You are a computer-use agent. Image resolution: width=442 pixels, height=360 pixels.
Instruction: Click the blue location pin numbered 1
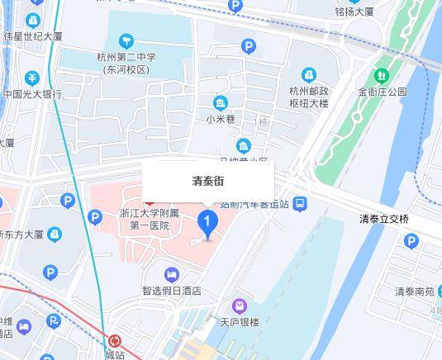pyautogui.click(x=207, y=223)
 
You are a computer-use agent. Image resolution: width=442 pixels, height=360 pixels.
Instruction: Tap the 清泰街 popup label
pyautogui.click(x=208, y=181)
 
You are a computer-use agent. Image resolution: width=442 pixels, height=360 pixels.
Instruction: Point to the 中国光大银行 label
pyautogui.click(x=31, y=94)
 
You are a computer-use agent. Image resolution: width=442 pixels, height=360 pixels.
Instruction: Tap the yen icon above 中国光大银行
pyautogui.click(x=31, y=78)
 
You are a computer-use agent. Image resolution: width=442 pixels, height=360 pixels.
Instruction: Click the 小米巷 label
pyautogui.click(x=221, y=119)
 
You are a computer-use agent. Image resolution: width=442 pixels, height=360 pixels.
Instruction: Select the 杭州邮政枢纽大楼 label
pyautogui.click(x=309, y=97)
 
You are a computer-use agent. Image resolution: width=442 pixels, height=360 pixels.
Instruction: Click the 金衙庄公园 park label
pyautogui.click(x=383, y=92)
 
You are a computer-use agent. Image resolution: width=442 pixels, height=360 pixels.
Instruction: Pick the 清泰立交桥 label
pyautogui.click(x=384, y=219)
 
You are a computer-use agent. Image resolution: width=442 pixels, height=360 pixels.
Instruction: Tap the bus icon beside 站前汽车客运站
pyautogui.click(x=300, y=203)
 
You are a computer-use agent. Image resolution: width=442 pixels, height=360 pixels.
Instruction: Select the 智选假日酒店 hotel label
pyautogui.click(x=172, y=291)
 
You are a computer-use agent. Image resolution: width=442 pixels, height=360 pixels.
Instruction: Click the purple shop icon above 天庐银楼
pyautogui.click(x=240, y=306)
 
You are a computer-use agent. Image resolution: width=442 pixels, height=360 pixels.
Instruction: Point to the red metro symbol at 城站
pyautogui.click(x=115, y=340)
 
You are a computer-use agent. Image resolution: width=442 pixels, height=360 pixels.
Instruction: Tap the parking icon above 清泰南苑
pyautogui.click(x=411, y=241)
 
